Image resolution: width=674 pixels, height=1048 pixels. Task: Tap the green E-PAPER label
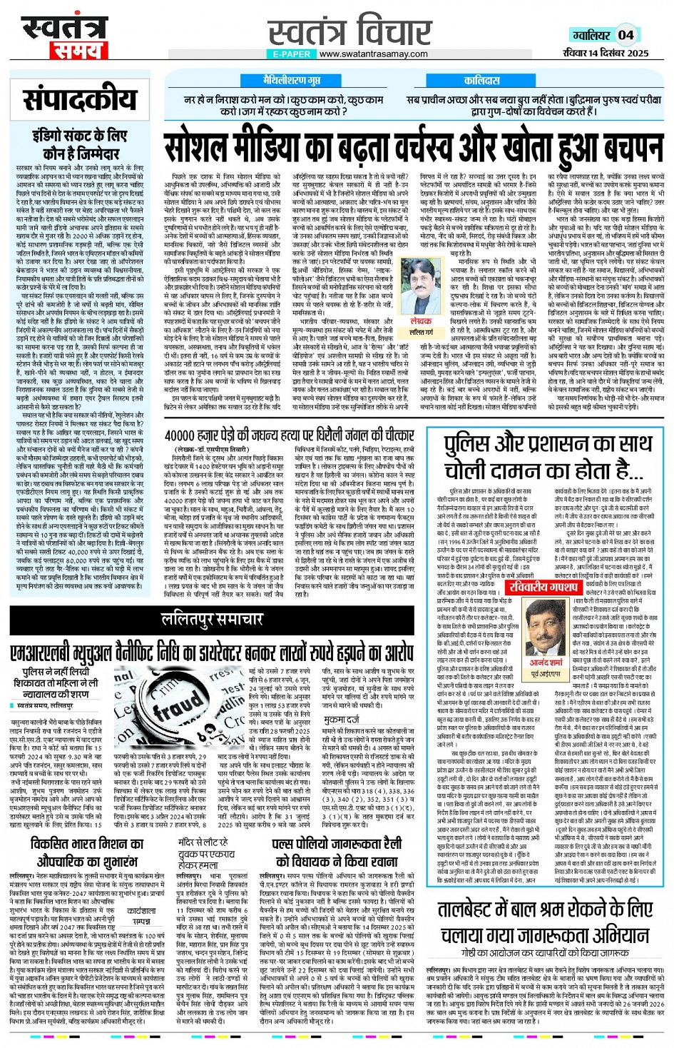tap(292, 54)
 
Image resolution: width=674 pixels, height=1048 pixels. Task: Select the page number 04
tap(626, 35)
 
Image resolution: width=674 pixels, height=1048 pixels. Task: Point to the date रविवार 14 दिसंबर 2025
tap(605, 53)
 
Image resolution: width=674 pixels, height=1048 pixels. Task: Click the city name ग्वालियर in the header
tap(590, 35)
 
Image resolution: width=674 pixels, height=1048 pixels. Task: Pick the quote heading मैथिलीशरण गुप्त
tap(292, 81)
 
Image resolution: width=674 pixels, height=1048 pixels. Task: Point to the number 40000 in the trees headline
tap(184, 435)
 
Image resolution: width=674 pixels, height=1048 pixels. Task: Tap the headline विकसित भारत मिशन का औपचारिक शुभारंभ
tap(87, 852)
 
